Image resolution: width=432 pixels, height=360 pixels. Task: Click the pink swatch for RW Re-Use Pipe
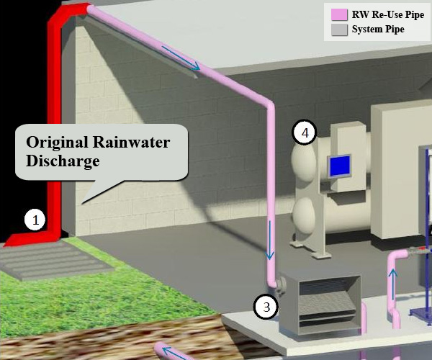pos(338,14)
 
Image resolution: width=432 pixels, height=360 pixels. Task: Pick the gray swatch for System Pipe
pos(338,30)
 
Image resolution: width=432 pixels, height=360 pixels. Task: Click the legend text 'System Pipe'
pos(377,30)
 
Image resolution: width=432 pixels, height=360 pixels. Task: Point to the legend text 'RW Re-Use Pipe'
pos(387,14)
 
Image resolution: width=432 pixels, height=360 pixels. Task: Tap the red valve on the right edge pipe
pos(421,250)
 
